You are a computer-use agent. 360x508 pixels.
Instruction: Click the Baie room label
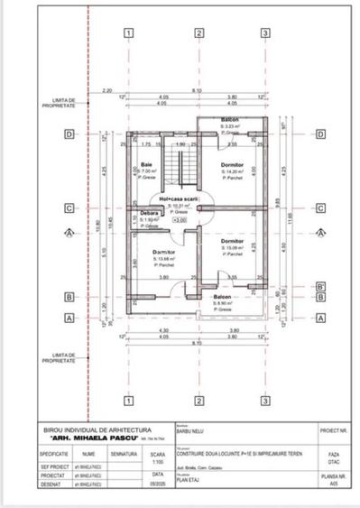[x=146, y=164]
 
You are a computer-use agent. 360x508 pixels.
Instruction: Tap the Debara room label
[x=149, y=214]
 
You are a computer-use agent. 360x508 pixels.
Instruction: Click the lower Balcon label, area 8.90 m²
[x=223, y=297]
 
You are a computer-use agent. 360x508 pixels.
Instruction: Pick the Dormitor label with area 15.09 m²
[x=234, y=243]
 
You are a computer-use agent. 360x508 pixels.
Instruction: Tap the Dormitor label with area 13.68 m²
[x=164, y=252]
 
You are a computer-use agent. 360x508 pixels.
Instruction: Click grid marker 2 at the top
[x=198, y=34]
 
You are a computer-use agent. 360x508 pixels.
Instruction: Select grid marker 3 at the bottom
[x=265, y=400]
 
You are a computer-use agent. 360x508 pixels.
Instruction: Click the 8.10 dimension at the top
[x=197, y=90]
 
